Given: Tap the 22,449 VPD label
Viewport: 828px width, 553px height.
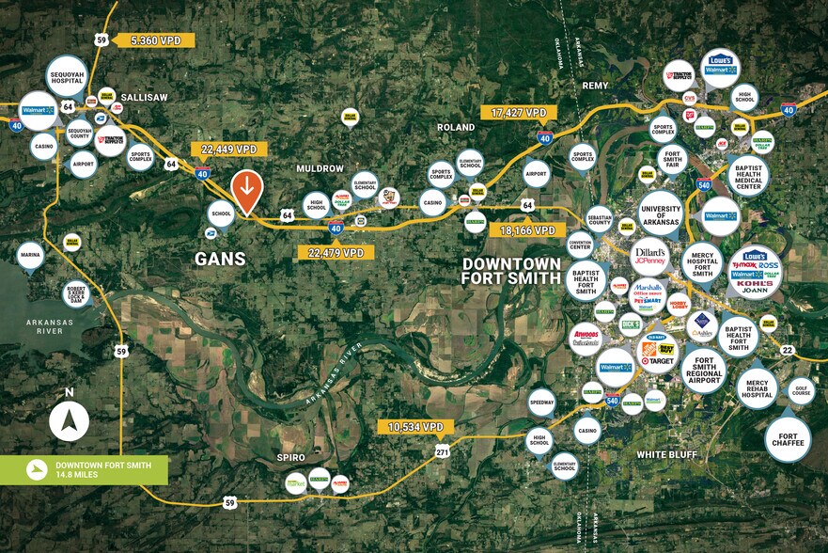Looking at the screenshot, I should tap(228, 150).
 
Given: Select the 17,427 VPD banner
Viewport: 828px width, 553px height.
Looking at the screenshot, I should tap(518, 113).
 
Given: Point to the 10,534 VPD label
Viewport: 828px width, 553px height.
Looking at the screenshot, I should tap(414, 427).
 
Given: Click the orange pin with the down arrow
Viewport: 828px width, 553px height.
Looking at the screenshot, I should tap(246, 191).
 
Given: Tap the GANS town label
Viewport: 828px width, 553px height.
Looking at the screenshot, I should tap(220, 259).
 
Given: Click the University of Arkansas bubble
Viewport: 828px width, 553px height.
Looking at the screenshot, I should tap(659, 213).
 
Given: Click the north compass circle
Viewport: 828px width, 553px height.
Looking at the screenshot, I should tap(69, 422).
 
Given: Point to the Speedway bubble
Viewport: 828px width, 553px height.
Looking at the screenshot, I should tap(541, 402).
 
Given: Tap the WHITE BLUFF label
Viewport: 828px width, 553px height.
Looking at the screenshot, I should tap(665, 455).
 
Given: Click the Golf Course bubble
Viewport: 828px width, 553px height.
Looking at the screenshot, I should tap(802, 389).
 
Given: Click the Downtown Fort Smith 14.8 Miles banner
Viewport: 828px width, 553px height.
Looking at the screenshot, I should tap(85, 470).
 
